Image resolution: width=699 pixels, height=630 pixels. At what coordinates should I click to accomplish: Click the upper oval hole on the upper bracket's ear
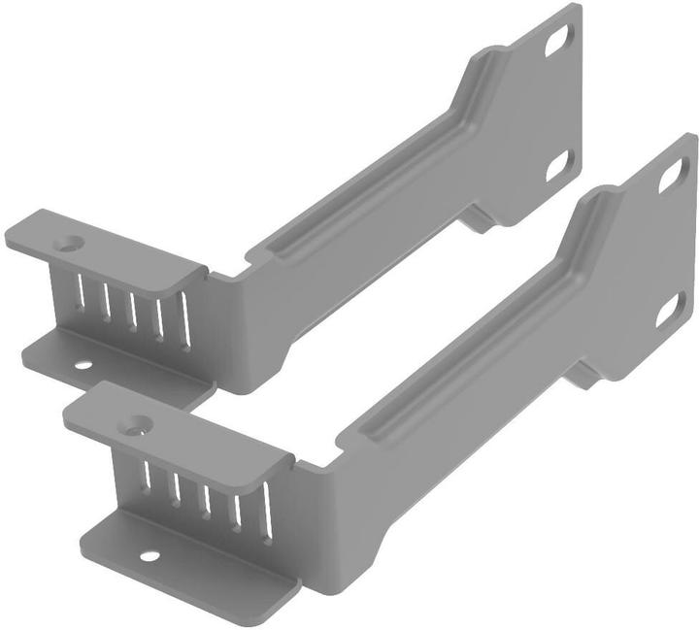click(x=558, y=40)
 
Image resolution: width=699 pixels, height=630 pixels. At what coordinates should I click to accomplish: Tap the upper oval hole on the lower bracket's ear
click(x=672, y=176)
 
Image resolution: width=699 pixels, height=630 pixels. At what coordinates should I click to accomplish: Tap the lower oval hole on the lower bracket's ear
click(x=669, y=310)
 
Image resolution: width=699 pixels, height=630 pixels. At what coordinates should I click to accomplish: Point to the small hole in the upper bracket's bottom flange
click(x=83, y=365)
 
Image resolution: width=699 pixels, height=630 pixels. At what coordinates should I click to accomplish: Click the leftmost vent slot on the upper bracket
click(x=81, y=291)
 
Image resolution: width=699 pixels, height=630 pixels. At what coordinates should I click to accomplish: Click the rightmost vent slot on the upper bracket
click(x=184, y=316)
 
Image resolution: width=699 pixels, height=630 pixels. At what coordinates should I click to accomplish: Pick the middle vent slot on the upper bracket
click(x=132, y=304)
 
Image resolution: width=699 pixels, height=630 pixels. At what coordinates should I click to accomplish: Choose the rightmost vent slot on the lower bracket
click(x=266, y=503)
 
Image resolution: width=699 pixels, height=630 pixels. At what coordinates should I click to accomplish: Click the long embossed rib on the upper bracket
click(x=379, y=184)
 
